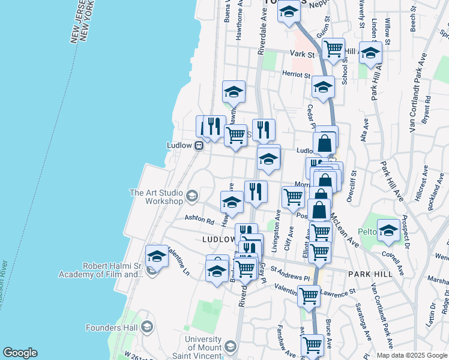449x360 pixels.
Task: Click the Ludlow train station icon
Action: [199, 145]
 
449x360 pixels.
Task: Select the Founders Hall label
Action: [114, 327]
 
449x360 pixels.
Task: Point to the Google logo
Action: [20, 353]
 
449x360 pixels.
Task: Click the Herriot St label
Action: [296, 76]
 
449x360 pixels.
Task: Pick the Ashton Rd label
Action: [199, 219]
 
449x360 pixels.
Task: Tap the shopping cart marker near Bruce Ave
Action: [313, 345]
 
